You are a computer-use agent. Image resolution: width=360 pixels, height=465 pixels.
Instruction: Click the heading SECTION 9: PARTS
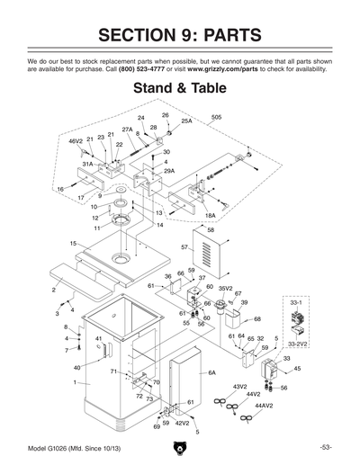click(x=179, y=35)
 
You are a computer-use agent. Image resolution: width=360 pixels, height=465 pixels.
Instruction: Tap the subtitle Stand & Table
click(x=179, y=89)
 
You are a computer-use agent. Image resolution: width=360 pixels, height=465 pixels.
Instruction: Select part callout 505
click(x=217, y=118)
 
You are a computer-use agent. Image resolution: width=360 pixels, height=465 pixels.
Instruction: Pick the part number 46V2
click(x=76, y=141)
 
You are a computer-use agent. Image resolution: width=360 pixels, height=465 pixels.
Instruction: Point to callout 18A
click(x=210, y=216)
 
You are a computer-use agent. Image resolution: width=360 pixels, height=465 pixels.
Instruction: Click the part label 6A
click(x=211, y=372)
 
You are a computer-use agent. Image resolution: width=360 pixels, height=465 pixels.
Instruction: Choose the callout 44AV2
click(x=263, y=406)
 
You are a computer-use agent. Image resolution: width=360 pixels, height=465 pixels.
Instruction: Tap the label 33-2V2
click(x=297, y=344)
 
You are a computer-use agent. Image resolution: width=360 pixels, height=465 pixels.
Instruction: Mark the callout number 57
click(x=184, y=246)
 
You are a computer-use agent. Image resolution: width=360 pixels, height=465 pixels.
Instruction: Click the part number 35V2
click(x=227, y=288)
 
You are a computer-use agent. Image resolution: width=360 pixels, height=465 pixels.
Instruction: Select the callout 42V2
click(x=182, y=423)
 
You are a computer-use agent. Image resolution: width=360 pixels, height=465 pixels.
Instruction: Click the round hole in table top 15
click(x=119, y=260)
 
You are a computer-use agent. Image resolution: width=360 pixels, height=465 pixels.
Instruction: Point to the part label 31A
click(x=88, y=165)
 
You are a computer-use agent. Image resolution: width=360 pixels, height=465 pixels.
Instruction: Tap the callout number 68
click(x=257, y=319)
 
